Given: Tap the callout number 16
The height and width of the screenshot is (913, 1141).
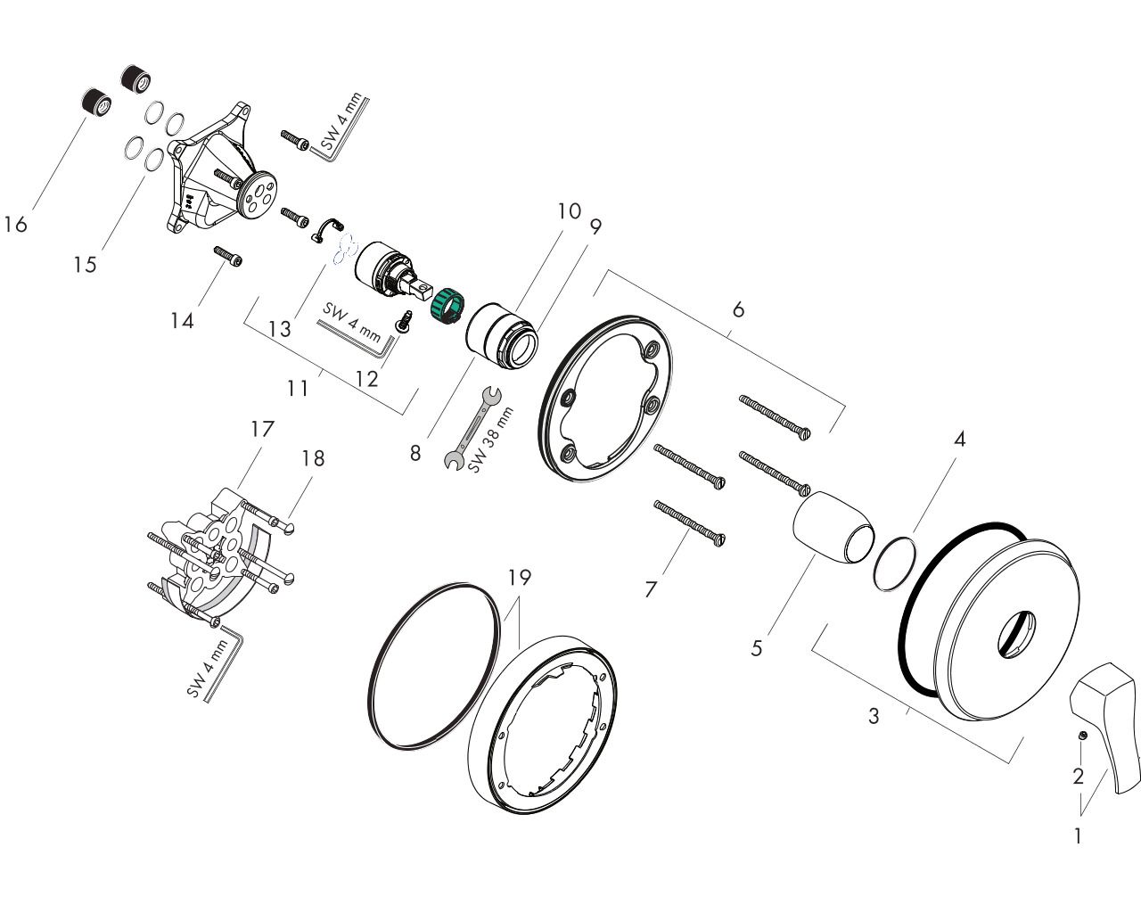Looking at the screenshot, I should pyautogui.click(x=15, y=224).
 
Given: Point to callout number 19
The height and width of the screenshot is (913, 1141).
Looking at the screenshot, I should pyautogui.click(x=519, y=578).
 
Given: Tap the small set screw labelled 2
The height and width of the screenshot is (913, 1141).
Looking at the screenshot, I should pyautogui.click(x=1081, y=735).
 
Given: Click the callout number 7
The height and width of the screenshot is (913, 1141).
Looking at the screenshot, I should pyautogui.click(x=651, y=589).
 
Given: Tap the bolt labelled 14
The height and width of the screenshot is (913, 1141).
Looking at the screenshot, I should pyautogui.click(x=230, y=257).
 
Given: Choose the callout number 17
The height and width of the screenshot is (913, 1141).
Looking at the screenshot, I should pyautogui.click(x=261, y=428).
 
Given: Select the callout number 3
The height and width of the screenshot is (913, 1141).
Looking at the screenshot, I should pyautogui.click(x=874, y=715).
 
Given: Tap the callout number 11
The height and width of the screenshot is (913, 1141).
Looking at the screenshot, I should pyautogui.click(x=298, y=388).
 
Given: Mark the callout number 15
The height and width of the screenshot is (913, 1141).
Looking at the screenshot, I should pyautogui.click(x=86, y=265).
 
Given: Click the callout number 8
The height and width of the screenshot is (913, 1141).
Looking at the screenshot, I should pyautogui.click(x=415, y=453).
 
